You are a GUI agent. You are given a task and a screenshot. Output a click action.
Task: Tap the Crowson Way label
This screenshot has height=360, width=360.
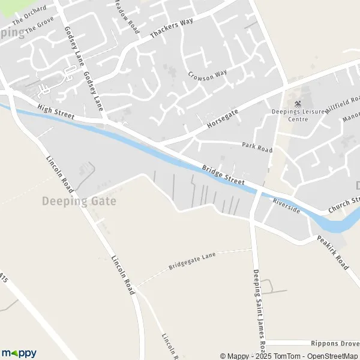[208, 75]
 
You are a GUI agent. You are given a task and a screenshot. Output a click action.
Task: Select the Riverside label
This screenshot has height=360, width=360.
[286, 206]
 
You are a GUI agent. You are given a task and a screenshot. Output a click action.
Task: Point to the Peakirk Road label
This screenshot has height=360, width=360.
[333, 252]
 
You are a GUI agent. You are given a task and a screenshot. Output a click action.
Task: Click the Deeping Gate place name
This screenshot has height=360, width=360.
[79, 201]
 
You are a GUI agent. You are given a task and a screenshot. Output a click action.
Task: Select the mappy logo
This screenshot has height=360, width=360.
[19, 353]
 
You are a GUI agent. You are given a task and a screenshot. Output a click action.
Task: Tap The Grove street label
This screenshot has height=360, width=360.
[40, 24]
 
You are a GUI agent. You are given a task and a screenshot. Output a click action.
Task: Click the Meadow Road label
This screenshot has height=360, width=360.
[127, 17]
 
